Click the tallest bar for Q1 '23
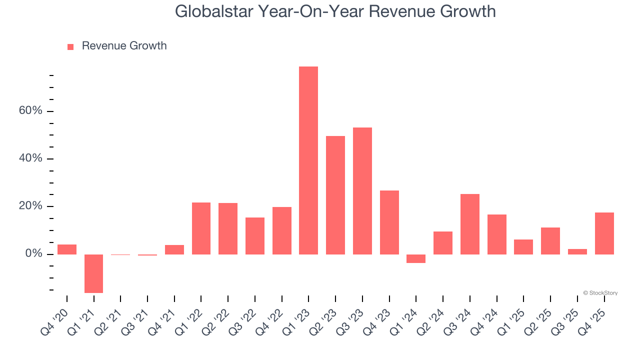[x=308, y=160]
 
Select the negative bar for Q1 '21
[x=93, y=273]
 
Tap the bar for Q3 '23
[x=362, y=191]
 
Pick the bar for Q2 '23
[x=335, y=195]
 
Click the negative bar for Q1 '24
[x=416, y=258]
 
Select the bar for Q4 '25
[x=604, y=233]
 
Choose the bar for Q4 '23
[x=389, y=222]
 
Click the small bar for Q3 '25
[x=577, y=251]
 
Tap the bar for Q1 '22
[x=201, y=228]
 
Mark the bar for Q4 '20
[x=67, y=249]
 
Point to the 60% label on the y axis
[x=30, y=110]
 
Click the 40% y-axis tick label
[x=30, y=158]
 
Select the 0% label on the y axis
[x=33, y=254]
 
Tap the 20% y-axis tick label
[x=30, y=206]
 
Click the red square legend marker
[x=70, y=46]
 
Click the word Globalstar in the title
[x=213, y=11]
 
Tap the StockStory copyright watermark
[x=600, y=293]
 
